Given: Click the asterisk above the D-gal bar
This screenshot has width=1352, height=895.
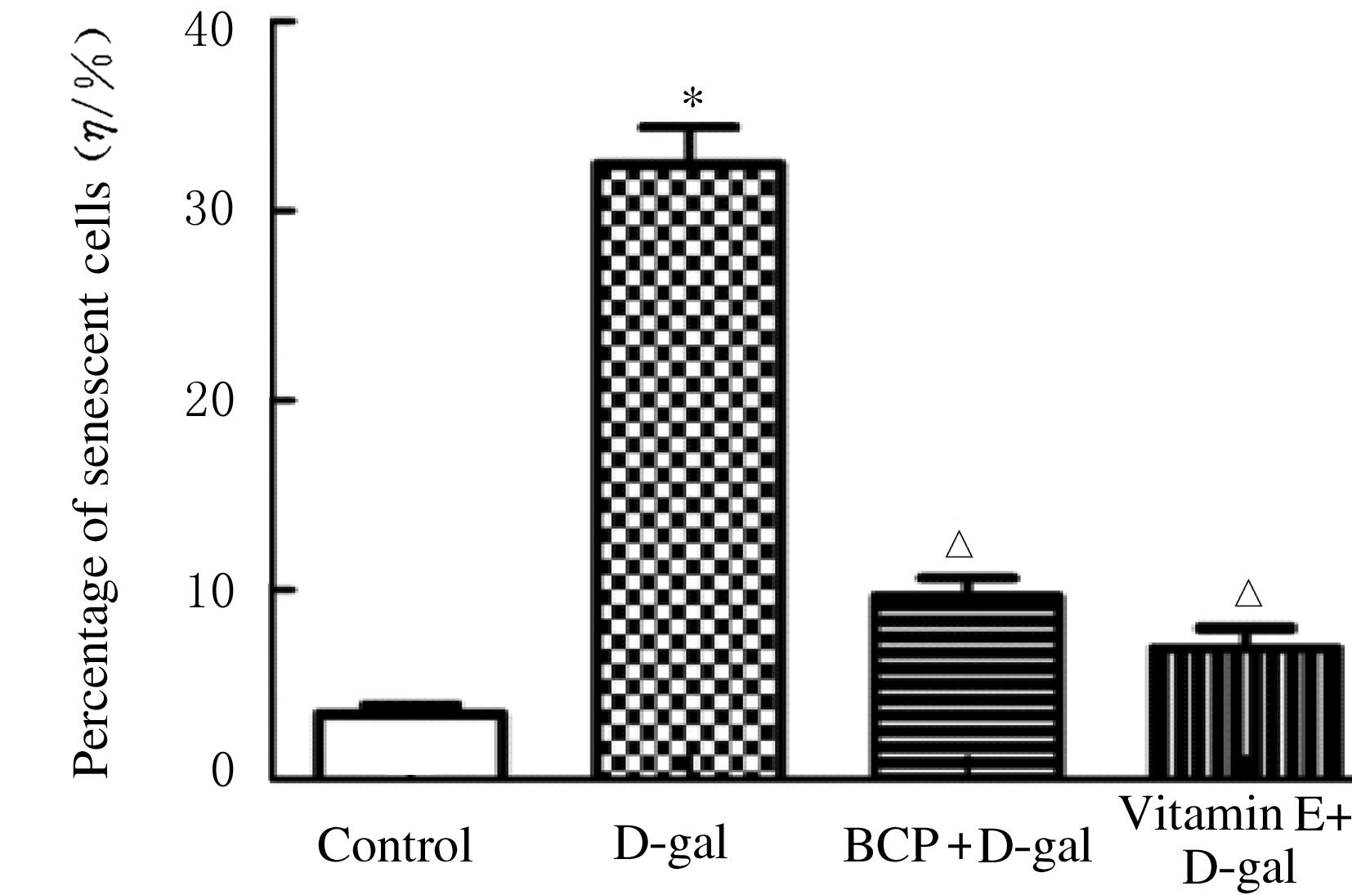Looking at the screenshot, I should tap(692, 100).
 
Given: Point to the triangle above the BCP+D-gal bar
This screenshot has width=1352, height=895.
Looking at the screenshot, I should tap(960, 545).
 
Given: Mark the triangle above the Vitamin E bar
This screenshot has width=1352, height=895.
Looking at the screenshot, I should tap(1248, 594).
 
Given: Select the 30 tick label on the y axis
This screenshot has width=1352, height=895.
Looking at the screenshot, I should tap(209, 210).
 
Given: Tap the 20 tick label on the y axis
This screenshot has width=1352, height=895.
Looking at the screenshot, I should tap(209, 400).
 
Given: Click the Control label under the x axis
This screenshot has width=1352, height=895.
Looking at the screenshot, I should tap(395, 845).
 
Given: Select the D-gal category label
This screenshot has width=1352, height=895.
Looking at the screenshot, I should tap(670, 844).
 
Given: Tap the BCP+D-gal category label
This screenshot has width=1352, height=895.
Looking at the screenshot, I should tap(967, 845).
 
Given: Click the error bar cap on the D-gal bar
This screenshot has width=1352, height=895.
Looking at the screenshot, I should tap(689, 128).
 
